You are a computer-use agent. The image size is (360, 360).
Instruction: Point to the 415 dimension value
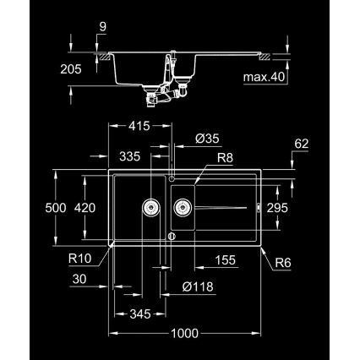tap(139, 126)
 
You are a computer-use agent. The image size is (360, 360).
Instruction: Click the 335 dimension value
tap(128, 156)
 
